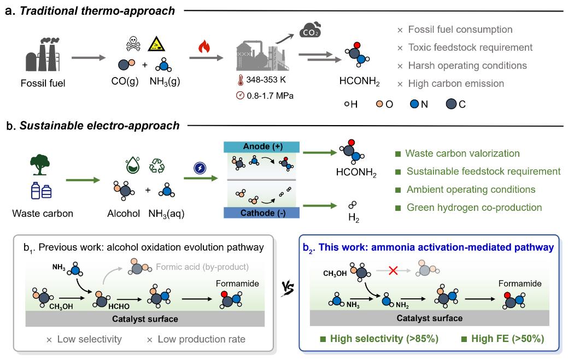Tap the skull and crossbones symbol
click(134, 43)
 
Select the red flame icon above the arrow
click(203, 47)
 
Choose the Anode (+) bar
click(260, 147)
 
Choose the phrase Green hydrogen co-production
click(474, 208)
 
